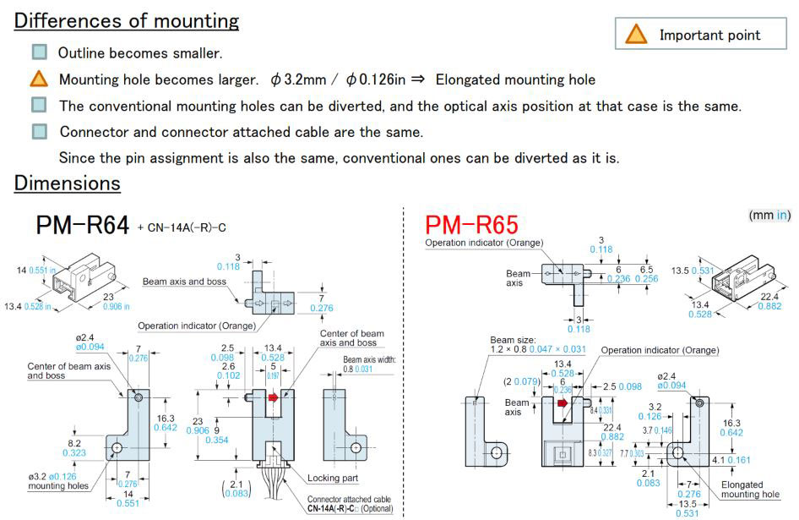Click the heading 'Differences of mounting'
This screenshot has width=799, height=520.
pyautogui.click(x=126, y=21)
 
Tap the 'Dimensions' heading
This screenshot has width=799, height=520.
pyautogui.click(x=67, y=183)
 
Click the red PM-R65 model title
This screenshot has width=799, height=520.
pyautogui.click(x=470, y=225)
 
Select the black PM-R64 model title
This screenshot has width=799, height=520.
pyautogui.click(x=83, y=225)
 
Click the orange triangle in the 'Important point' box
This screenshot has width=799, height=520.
pyautogui.click(x=636, y=35)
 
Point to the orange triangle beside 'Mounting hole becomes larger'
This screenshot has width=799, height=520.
pyautogui.click(x=39, y=79)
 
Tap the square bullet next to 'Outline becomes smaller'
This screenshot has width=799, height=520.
pyautogui.click(x=39, y=52)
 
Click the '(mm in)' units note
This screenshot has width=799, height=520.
pyautogui.click(x=769, y=216)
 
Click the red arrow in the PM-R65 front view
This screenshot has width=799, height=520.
pyautogui.click(x=563, y=402)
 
